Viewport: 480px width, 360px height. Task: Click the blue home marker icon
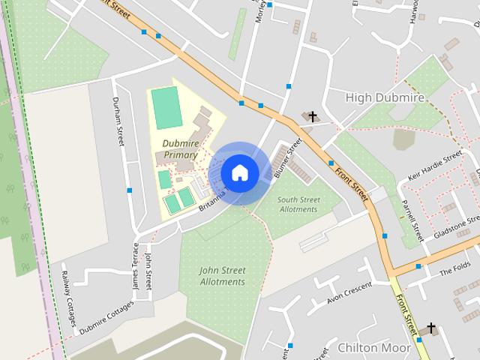click(x=240, y=172)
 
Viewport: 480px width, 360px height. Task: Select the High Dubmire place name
click(x=385, y=97)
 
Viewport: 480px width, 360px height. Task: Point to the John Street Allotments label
click(x=223, y=276)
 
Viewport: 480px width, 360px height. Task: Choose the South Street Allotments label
click(x=298, y=205)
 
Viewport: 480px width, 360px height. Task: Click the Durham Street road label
click(x=118, y=121)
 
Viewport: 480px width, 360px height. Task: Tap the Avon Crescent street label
click(x=349, y=293)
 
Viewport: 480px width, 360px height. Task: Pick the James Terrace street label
click(x=136, y=267)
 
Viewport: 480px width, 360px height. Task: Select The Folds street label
click(x=455, y=269)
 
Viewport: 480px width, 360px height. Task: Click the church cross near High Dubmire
click(x=313, y=116)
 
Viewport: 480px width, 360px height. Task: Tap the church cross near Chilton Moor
click(x=430, y=328)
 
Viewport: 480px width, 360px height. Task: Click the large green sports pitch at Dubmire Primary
click(x=166, y=108)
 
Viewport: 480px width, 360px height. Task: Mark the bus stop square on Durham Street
click(x=129, y=190)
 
